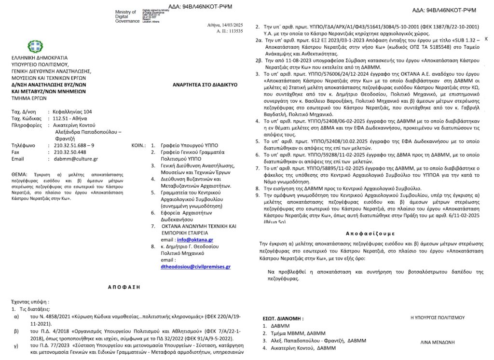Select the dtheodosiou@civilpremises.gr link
point(195,266)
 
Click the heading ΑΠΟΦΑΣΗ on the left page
point(123,287)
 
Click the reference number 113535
point(236,31)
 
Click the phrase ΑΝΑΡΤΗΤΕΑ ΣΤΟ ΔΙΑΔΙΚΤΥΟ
point(205,84)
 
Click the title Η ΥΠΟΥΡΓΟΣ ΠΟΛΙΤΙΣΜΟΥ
point(437,318)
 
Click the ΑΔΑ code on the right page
point(442,10)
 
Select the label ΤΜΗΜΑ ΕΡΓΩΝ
point(29,97)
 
